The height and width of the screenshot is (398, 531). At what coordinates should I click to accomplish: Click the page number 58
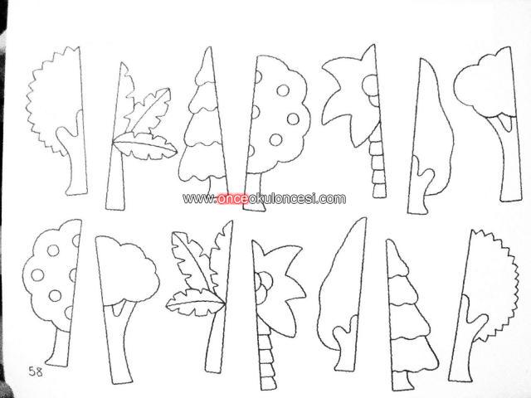(36, 371)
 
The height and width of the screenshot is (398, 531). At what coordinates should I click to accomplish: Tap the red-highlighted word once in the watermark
(233, 198)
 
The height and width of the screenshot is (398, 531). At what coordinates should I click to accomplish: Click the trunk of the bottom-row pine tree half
(404, 381)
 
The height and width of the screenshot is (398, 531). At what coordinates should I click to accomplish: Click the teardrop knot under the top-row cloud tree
(504, 123)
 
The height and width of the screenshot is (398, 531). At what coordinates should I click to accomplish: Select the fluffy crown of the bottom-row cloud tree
(127, 271)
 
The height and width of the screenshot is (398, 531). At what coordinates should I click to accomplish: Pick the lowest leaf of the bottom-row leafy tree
(196, 303)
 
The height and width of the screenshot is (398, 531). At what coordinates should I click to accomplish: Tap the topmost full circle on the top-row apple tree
(283, 90)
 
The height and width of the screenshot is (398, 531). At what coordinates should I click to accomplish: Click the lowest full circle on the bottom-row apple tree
(55, 295)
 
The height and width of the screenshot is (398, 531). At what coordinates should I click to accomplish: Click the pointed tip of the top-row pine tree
(209, 48)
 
